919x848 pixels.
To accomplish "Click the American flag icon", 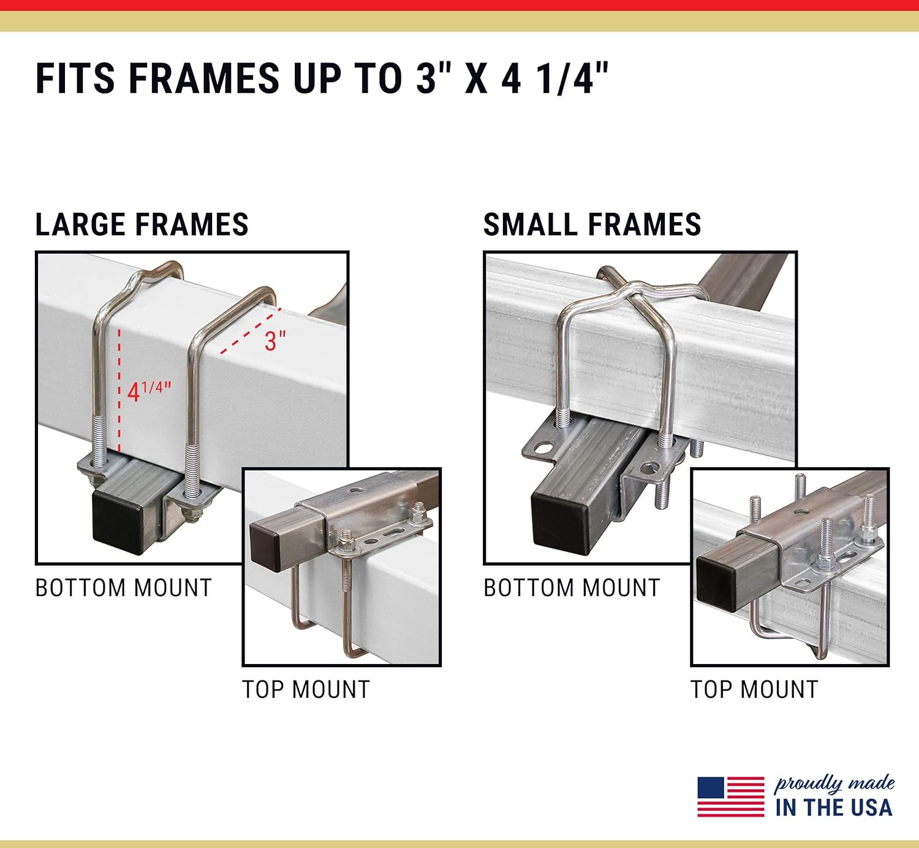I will coord(730,796).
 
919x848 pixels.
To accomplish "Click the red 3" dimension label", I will coord(275,341).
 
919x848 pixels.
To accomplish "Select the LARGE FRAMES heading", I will coord(142,224).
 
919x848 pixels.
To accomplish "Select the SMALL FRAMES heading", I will coord(592,224).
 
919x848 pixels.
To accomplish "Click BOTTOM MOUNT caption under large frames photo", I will coord(123,588).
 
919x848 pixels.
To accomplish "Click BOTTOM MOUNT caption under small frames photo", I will coord(572,588).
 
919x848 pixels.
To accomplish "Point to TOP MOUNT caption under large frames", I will coord(306,690).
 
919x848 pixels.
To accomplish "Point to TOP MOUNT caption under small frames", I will coord(754,690).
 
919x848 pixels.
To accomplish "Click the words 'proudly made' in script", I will coord(834,784).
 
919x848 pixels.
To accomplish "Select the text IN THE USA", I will coord(833,808).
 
